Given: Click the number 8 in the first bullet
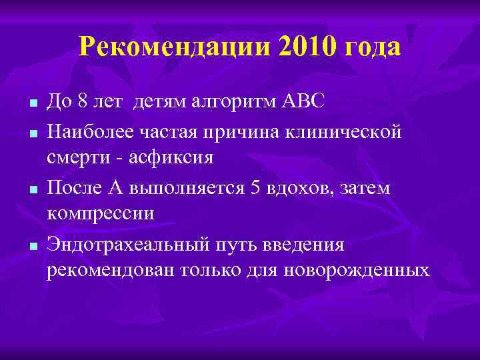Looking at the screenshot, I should click(x=82, y=103).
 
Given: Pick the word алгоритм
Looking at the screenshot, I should click(x=226, y=103).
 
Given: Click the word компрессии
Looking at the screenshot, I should click(x=101, y=214).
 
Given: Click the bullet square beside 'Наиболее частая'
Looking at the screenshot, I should click(x=32, y=134).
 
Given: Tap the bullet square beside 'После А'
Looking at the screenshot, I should click(x=32, y=190).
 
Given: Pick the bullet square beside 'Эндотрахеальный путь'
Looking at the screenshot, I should click(x=32, y=247).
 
